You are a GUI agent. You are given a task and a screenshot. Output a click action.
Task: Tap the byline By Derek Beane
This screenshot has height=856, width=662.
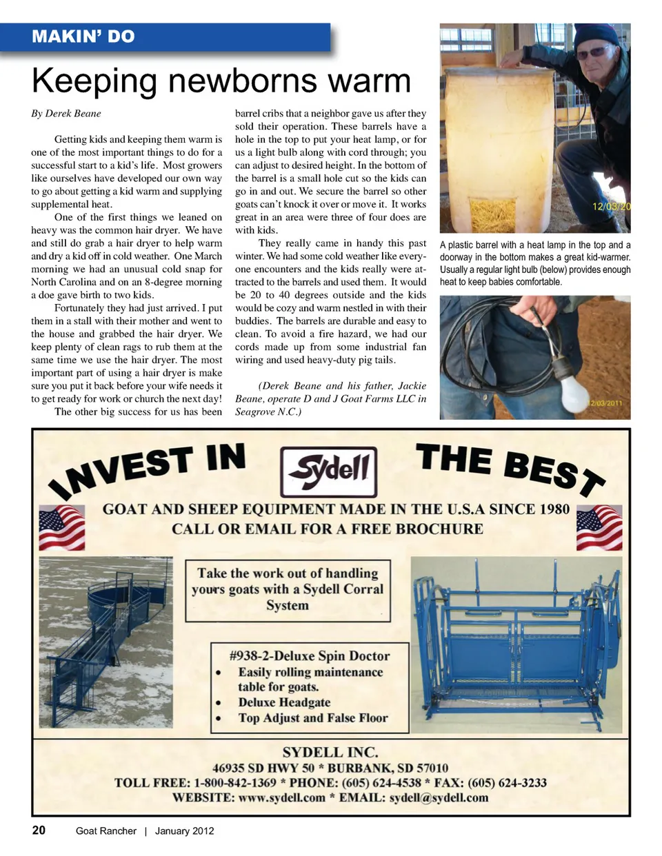pyautogui.click(x=66, y=114)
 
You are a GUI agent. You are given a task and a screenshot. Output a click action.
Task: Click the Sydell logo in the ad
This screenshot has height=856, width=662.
pyautogui.click(x=329, y=471)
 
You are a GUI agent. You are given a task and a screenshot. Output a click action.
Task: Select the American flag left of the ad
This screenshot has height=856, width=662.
pyautogui.click(x=61, y=527)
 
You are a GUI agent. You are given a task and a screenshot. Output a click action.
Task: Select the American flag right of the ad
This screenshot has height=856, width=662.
pyautogui.click(x=599, y=527)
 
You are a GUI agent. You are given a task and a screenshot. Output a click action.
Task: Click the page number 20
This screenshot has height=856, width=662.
pyautogui.click(x=39, y=830)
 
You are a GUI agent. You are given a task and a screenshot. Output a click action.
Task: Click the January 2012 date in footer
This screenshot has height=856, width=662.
pyautogui.click(x=184, y=830)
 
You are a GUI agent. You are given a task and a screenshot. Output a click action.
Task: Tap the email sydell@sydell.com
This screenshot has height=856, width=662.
pyautogui.click(x=439, y=797)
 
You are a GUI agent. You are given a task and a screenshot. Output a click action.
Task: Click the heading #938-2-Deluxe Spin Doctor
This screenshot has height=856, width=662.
pyautogui.click(x=309, y=655)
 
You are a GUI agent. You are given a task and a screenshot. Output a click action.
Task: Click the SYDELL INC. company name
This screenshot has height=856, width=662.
pyautogui.click(x=330, y=752)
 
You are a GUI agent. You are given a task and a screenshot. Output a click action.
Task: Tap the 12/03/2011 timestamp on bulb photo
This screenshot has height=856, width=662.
pyautogui.click(x=605, y=403)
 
